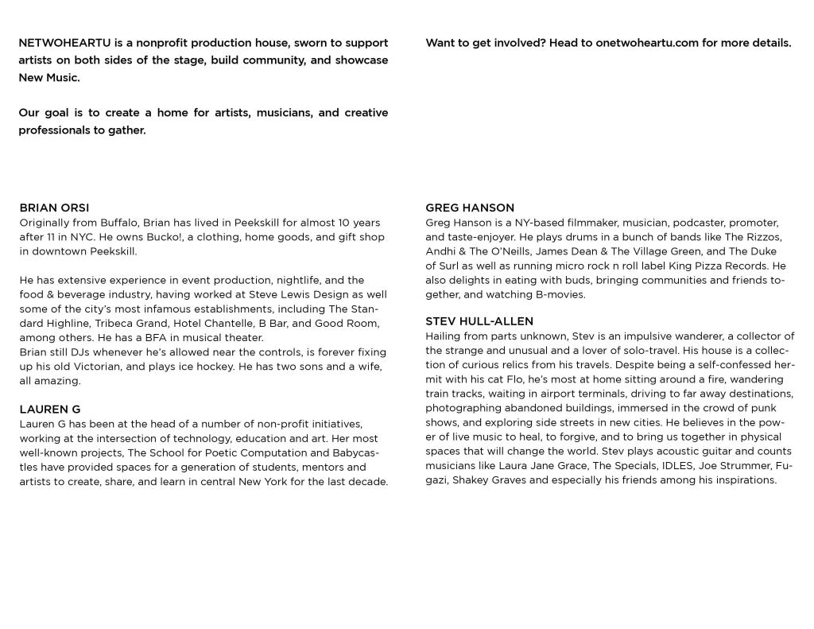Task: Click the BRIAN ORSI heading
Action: [54, 208]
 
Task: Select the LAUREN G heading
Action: [49, 410]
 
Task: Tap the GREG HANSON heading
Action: [470, 208]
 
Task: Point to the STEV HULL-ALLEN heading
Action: [479, 321]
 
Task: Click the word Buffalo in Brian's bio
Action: [119, 223]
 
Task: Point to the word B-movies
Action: [560, 294]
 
